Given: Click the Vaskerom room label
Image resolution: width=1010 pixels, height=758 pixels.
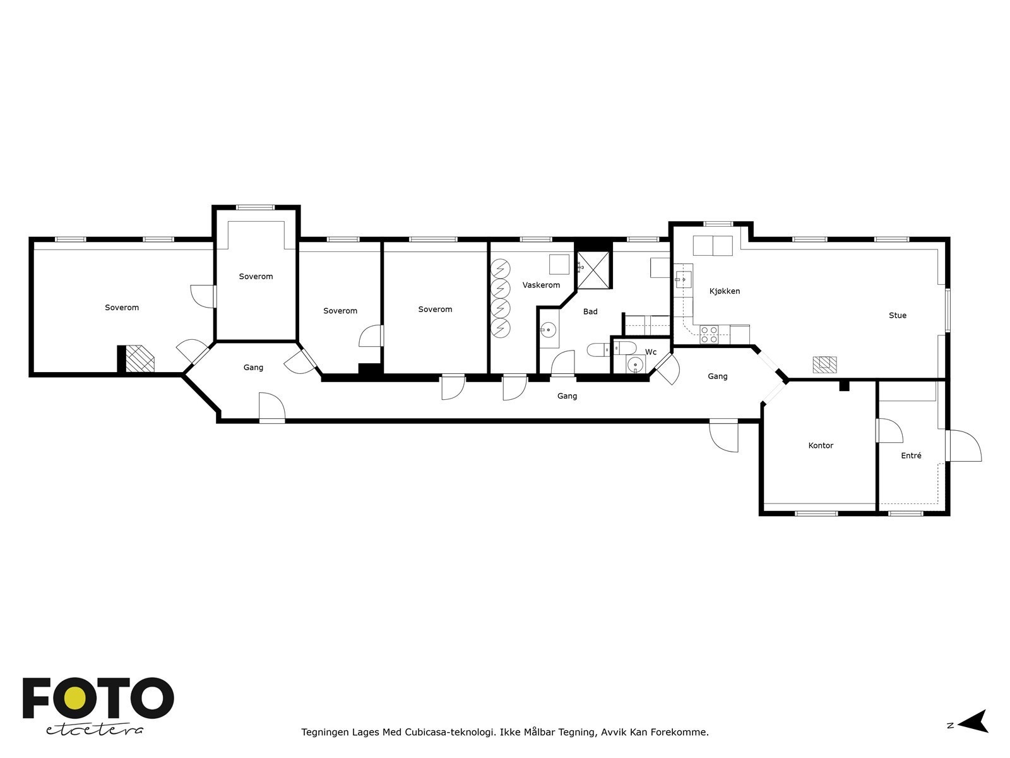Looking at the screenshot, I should click(x=541, y=285).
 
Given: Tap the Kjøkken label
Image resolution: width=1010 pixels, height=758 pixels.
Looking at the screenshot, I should click(x=724, y=291).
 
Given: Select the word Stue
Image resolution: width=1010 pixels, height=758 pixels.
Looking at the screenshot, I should click(x=897, y=315).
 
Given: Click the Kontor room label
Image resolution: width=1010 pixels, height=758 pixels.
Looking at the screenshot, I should click(x=821, y=445).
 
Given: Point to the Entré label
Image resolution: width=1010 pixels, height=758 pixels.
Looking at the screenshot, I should click(x=911, y=455).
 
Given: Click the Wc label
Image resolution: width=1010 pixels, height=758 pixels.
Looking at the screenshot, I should click(x=650, y=352).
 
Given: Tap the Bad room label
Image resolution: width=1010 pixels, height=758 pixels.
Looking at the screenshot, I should click(x=590, y=311).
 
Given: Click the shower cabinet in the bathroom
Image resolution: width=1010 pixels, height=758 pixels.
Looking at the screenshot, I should click(x=594, y=270).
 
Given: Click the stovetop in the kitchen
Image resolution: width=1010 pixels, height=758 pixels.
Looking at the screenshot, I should click(x=708, y=334).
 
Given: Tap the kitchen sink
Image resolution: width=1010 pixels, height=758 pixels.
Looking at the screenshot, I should click(x=683, y=278).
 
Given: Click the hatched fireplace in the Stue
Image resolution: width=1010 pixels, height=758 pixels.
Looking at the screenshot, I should click(x=824, y=364).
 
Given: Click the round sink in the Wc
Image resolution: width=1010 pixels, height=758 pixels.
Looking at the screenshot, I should click(x=634, y=364).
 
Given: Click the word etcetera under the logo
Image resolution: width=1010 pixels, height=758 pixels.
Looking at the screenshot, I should click(x=95, y=730).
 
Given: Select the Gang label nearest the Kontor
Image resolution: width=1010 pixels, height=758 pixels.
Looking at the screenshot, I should click(x=717, y=376).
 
